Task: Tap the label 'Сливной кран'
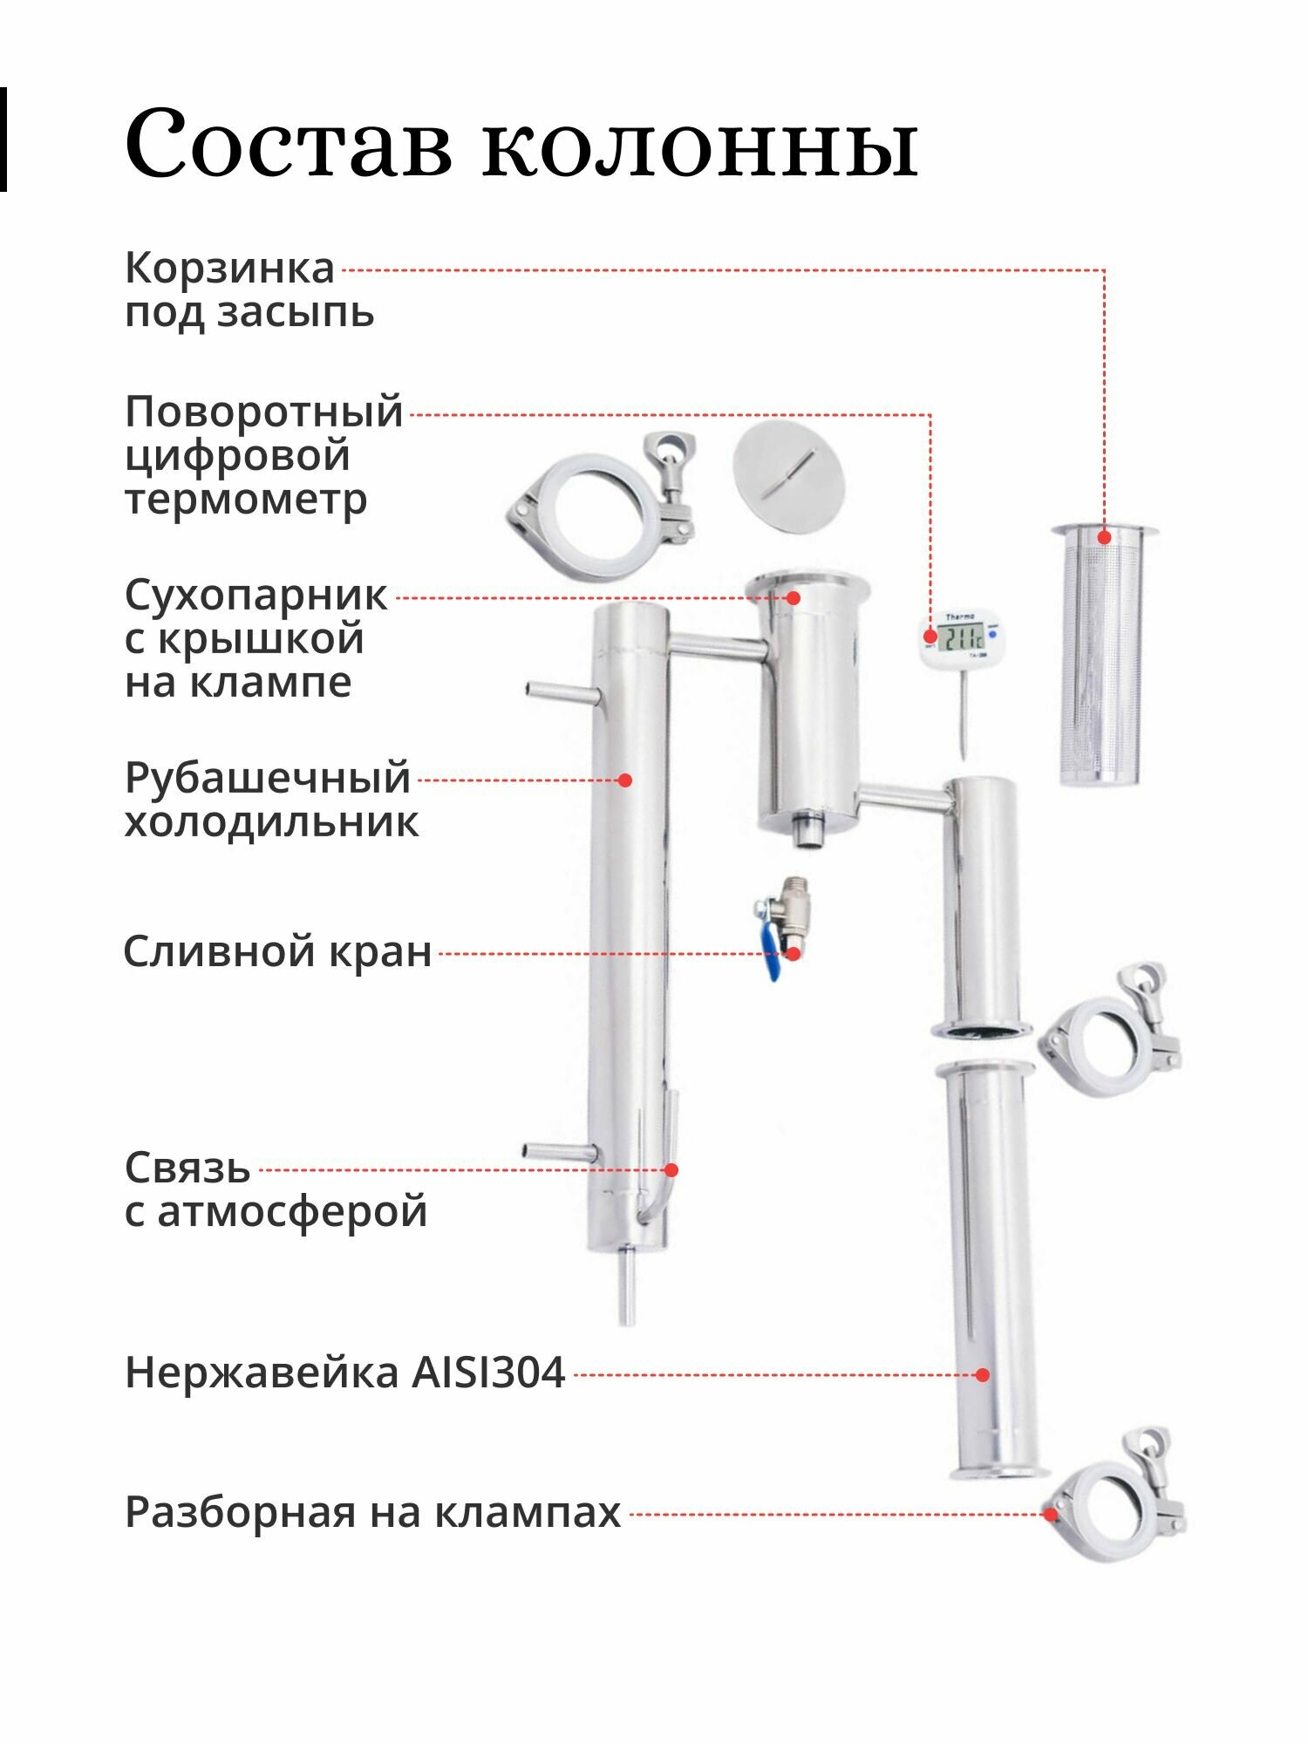[x=277, y=951]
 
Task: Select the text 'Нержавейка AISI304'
[x=345, y=1373]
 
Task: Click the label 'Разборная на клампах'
[x=372, y=1513]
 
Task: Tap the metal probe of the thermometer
[x=964, y=711]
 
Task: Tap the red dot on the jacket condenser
[x=624, y=780]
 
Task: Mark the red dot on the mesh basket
[x=1104, y=537]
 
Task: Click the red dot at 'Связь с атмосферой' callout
[x=671, y=1170]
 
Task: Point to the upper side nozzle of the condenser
[x=562, y=693]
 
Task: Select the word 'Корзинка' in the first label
[x=229, y=268]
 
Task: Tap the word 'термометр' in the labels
[x=246, y=500]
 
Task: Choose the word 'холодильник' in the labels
[x=271, y=822]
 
